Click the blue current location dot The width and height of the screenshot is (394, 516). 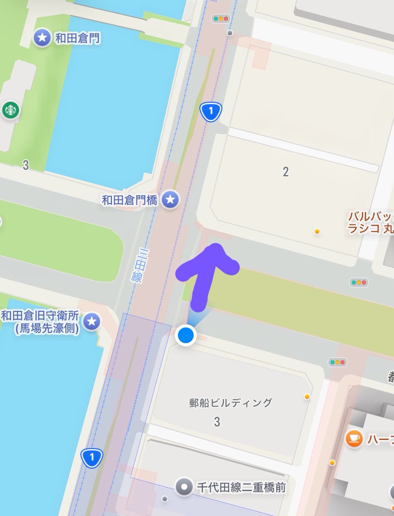tap(186, 335)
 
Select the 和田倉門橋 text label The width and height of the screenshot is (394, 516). tap(130, 200)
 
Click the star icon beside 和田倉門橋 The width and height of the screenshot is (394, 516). tap(170, 199)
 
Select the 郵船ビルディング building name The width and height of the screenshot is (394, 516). tap(231, 402)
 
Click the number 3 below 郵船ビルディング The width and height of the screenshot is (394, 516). tap(217, 422)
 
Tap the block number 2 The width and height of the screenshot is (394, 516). tap(286, 172)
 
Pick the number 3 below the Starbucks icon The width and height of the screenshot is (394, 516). tap(26, 165)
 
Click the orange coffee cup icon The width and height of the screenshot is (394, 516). tap(354, 439)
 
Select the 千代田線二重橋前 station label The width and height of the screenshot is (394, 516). tap(241, 487)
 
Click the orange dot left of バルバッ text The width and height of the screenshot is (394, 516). tap(317, 231)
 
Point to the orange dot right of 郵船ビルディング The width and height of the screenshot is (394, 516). tap(307, 396)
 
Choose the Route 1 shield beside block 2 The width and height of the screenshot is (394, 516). tap(211, 112)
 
